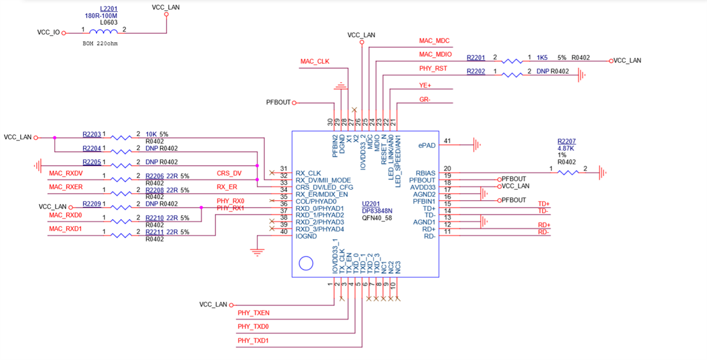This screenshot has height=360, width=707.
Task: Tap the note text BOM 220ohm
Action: click(x=100, y=43)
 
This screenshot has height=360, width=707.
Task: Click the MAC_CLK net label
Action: click(x=314, y=61)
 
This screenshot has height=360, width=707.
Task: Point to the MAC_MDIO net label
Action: click(x=435, y=54)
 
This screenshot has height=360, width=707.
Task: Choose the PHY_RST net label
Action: click(x=433, y=68)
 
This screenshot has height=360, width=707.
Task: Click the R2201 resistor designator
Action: click(x=476, y=58)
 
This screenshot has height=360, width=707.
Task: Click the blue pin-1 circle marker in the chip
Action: click(x=306, y=264)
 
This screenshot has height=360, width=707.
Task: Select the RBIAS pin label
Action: click(x=425, y=173)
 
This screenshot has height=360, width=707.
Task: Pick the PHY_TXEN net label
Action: click(x=253, y=313)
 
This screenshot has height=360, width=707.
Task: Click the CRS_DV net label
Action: click(x=228, y=173)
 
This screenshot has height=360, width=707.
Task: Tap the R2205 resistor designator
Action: click(x=91, y=162)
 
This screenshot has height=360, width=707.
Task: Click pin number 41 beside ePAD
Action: click(x=447, y=141)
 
